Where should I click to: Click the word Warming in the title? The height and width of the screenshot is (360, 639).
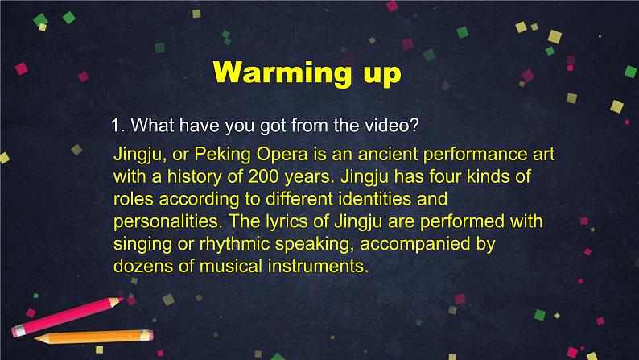(x=282, y=73)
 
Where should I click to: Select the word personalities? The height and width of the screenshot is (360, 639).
(x=168, y=222)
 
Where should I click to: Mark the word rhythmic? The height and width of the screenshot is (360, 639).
(x=235, y=245)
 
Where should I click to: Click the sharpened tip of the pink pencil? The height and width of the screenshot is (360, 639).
(x=122, y=300)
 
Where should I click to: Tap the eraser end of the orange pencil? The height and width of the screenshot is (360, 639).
(x=147, y=335)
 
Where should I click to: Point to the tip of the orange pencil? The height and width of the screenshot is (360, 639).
(x=35, y=338)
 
